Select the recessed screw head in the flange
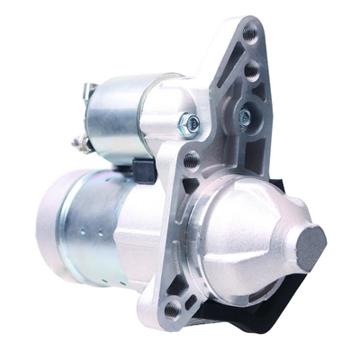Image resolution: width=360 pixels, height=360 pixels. [x=245, y=115]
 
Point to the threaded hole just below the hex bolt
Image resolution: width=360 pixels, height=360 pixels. [x=192, y=162]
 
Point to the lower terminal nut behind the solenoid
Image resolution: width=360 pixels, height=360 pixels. [x=79, y=142]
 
